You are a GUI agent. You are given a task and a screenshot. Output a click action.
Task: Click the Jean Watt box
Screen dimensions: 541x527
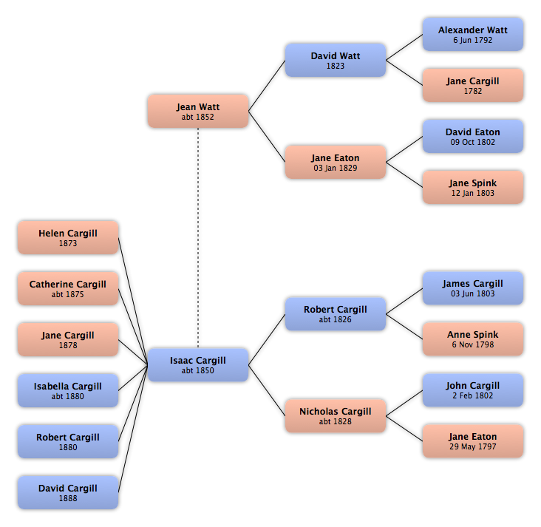(198, 112)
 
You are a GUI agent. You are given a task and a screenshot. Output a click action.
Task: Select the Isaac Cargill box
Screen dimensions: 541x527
(198, 365)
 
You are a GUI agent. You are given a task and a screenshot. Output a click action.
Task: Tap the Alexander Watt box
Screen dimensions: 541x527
(473, 35)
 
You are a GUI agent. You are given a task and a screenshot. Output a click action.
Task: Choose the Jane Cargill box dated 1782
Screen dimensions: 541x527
(473, 85)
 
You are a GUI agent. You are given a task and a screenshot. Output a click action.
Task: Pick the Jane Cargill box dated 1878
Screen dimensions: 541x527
(68, 339)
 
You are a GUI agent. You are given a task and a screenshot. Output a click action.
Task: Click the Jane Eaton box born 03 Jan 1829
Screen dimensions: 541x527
(336, 162)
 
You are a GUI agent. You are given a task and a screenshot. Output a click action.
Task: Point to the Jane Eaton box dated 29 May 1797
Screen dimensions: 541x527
(473, 441)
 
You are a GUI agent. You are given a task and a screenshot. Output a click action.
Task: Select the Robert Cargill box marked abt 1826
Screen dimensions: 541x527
(336, 314)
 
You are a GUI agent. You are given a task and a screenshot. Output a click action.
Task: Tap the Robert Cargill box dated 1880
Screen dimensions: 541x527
(68, 441)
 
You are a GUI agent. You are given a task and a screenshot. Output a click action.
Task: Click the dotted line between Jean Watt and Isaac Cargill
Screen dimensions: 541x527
(198, 238)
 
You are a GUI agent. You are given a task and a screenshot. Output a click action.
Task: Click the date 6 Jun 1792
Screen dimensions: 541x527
(473, 40)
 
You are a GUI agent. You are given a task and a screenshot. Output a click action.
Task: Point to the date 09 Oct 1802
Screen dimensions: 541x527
(473, 142)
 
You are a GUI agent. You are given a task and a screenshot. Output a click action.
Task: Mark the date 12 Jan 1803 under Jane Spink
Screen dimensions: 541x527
(473, 193)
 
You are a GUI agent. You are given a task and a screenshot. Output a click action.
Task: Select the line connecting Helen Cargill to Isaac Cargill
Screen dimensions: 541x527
(133, 302)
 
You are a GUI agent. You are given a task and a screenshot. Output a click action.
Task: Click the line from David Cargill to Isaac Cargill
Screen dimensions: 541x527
(133, 429)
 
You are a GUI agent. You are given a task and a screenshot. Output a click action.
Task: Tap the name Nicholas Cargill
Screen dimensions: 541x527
(336, 412)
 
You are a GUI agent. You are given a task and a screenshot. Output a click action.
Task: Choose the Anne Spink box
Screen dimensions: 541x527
(473, 339)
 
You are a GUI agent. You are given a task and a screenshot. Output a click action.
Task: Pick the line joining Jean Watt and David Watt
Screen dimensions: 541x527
(267, 86)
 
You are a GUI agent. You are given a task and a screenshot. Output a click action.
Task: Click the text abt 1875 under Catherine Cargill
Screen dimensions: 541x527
(68, 294)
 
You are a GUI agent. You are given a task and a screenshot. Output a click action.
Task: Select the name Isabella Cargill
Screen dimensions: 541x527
(68, 386)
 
